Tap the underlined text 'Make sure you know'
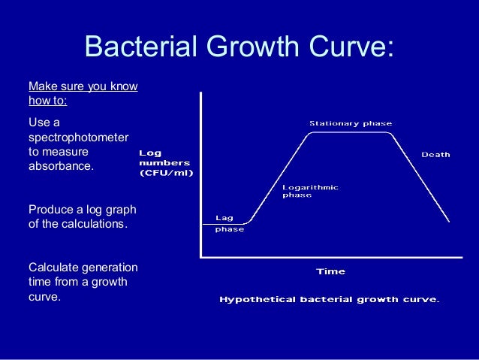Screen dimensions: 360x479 (x=83, y=86)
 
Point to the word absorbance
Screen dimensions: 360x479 (x=62, y=166)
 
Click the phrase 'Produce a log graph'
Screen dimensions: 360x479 (x=82, y=208)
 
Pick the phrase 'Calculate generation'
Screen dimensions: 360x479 (x=83, y=267)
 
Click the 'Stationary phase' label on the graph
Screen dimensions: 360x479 (x=351, y=123)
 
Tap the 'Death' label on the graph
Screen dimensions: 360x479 (x=435, y=154)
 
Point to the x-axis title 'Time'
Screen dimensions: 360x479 (x=330, y=271)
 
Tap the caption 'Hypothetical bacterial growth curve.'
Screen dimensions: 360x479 (x=329, y=299)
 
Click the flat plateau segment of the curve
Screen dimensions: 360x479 (x=350, y=133)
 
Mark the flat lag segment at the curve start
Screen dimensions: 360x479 (x=225, y=223)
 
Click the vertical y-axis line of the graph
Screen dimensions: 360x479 (x=200, y=173)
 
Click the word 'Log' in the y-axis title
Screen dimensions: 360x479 (x=150, y=153)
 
